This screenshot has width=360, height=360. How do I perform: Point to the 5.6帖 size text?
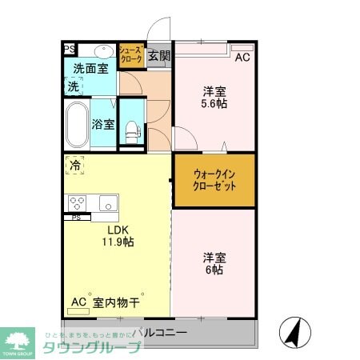click(214, 103)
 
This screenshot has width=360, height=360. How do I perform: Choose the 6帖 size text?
click(214, 270)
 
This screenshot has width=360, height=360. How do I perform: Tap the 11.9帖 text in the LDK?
click(117, 242)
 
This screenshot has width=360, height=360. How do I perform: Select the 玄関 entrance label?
click(159, 56)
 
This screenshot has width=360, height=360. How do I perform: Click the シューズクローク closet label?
click(130, 55)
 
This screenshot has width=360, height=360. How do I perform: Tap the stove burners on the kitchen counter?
click(78, 202)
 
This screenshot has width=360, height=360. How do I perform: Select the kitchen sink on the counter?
click(108, 202)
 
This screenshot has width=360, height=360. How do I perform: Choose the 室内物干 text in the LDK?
click(117, 302)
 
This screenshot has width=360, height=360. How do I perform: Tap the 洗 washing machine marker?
click(73, 86)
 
